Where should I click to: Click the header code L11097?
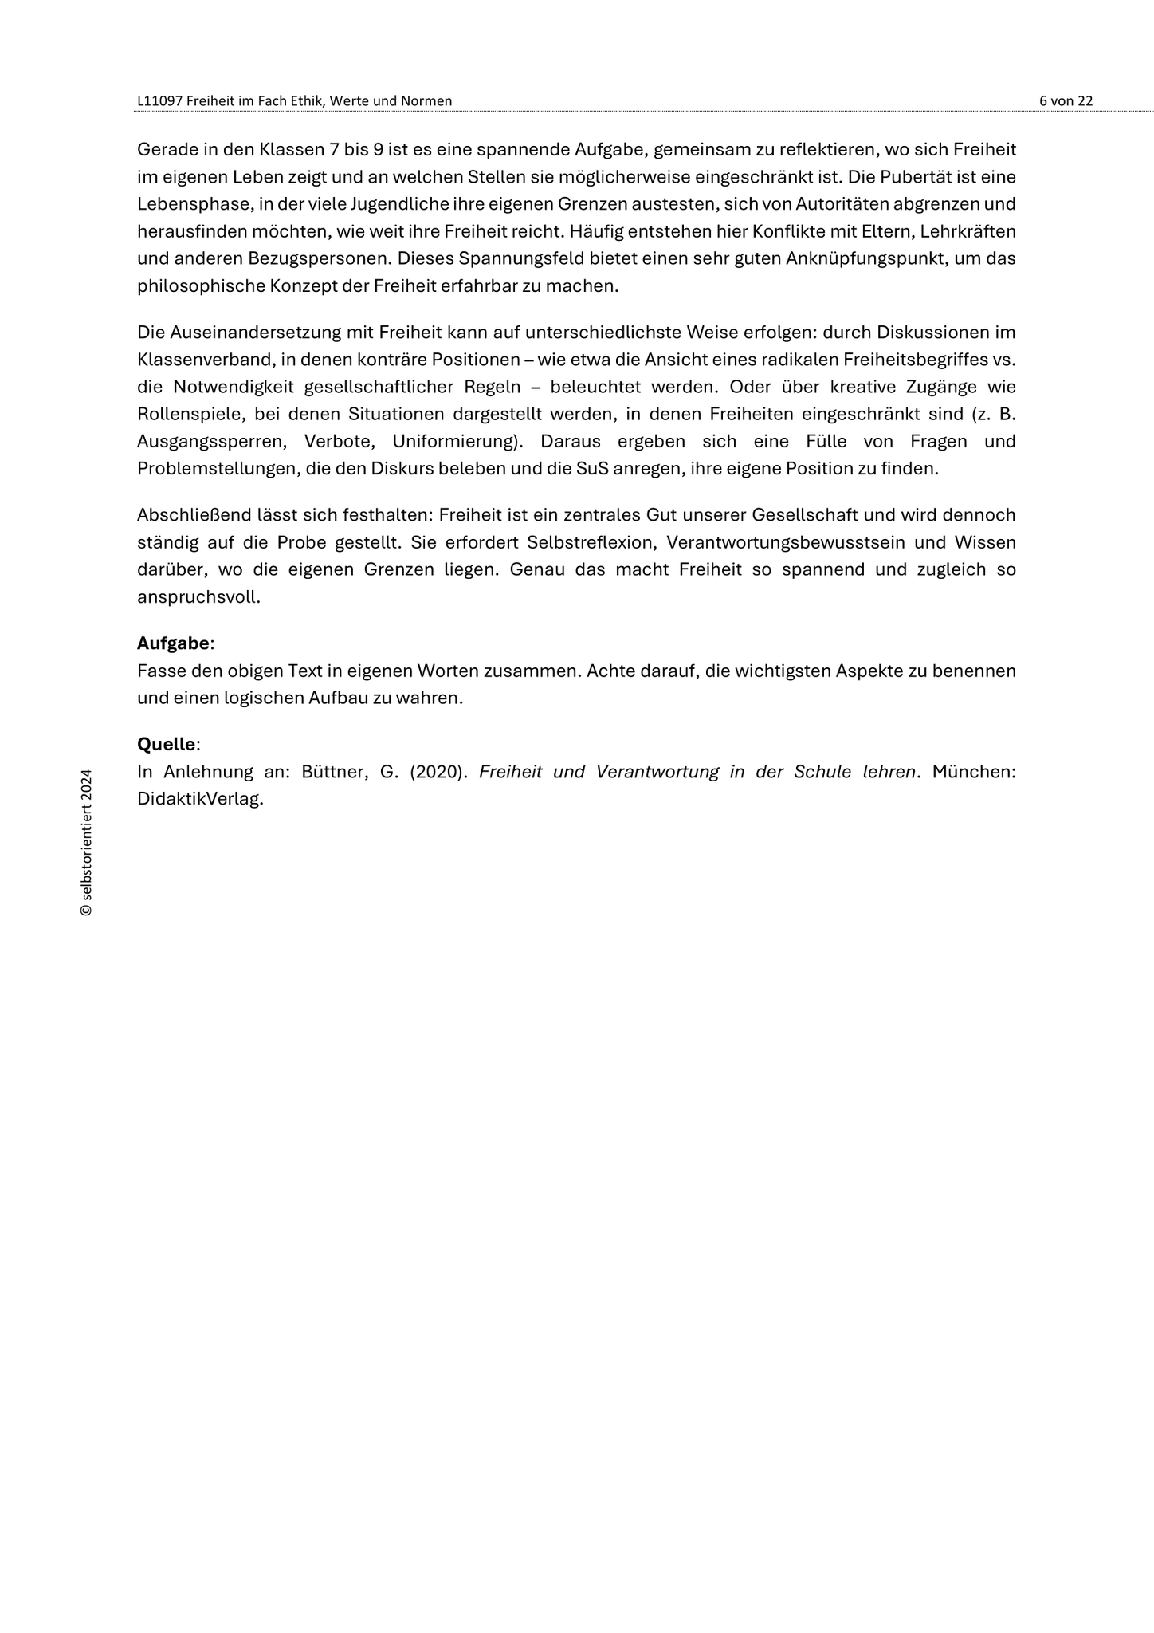[159, 101]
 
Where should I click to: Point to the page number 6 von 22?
[1066, 101]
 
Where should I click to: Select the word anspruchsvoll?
[198, 596]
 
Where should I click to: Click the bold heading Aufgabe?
[173, 643]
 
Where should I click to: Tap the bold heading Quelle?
[166, 744]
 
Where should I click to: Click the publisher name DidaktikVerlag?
[199, 799]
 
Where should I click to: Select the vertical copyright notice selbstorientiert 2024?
[87, 841]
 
